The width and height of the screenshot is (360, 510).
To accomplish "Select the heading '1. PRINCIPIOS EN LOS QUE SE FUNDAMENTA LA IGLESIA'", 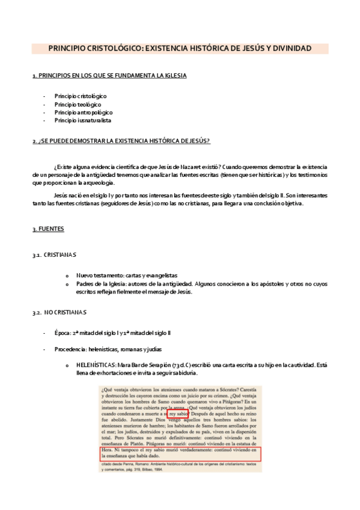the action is (x=109, y=75).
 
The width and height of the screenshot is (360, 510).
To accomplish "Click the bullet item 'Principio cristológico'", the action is (x=80, y=96).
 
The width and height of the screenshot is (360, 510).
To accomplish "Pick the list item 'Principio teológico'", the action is (x=77, y=104).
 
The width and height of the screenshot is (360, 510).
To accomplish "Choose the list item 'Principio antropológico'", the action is (x=83, y=112).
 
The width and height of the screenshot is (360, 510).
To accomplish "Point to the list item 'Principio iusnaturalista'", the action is (x=82, y=120).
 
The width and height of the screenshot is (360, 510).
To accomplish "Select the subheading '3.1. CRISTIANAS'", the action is (x=55, y=254).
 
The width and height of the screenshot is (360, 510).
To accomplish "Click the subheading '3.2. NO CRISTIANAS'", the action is (x=59, y=312).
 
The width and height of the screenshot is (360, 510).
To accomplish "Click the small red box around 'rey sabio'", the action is (x=177, y=414).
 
